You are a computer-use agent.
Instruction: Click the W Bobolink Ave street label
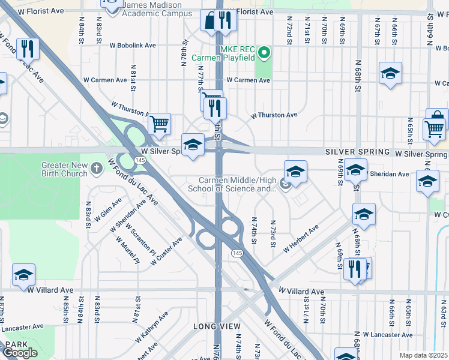click(x=133, y=45)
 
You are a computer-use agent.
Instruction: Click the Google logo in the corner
click(x=20, y=353)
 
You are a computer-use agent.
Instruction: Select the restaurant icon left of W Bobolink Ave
click(x=28, y=47)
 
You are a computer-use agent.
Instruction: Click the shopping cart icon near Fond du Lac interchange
click(x=159, y=124)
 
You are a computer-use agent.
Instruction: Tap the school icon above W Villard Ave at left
click(x=24, y=275)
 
